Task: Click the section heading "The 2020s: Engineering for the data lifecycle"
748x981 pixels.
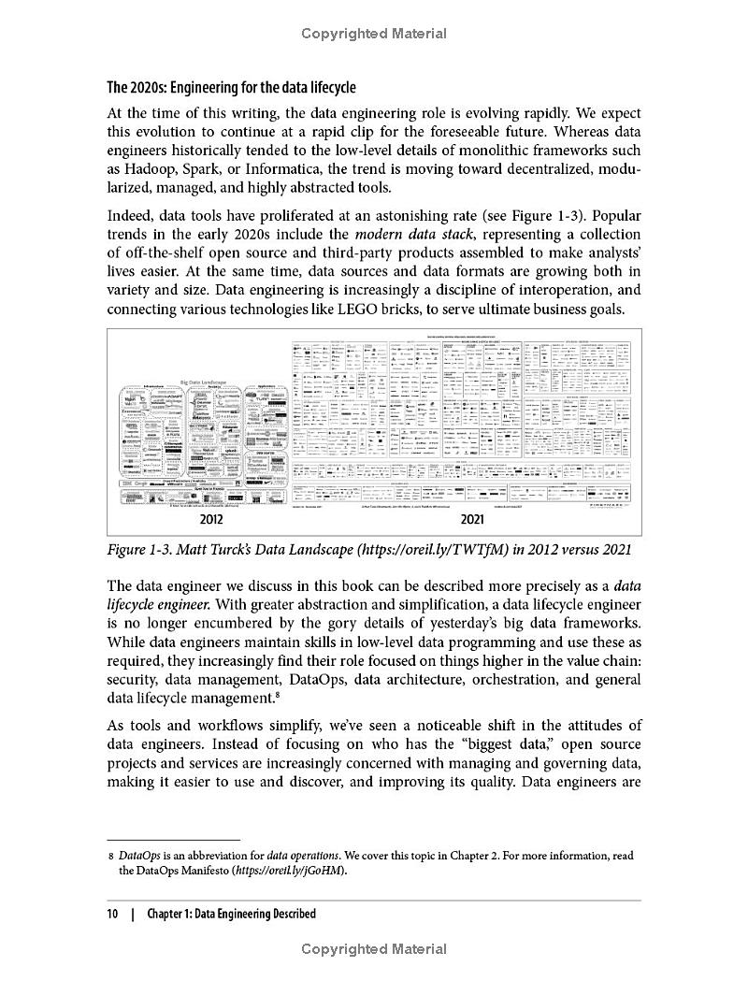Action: (231, 88)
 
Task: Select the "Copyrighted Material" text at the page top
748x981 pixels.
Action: (374, 34)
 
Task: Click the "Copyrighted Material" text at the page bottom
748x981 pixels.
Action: (374, 949)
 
